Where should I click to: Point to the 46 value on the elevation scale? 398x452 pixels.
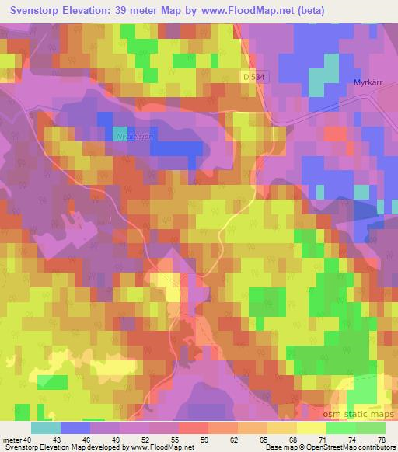coord(105,441)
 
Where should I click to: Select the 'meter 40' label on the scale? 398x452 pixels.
coord(16,441)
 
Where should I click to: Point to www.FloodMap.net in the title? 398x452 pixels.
coord(256,10)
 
